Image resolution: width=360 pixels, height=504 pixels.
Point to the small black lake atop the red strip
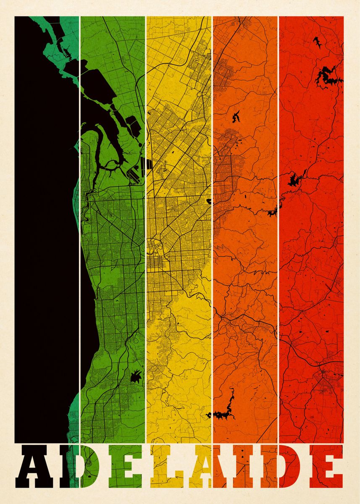[316, 42]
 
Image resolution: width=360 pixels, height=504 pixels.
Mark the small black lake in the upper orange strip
[236, 116]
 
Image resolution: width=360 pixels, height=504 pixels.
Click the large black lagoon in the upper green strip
[101, 84]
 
